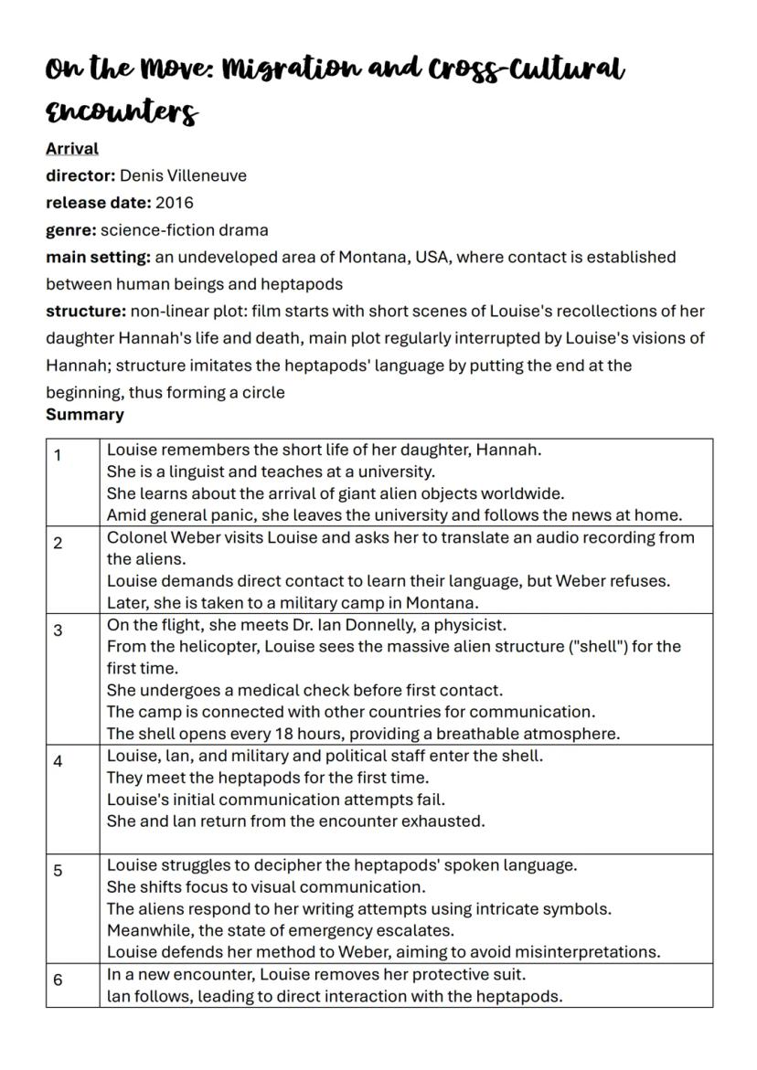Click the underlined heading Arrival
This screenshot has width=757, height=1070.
click(72, 148)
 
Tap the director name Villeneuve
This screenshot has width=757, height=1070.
click(208, 175)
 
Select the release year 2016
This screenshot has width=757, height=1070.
click(175, 203)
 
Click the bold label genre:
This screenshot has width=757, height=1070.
click(71, 229)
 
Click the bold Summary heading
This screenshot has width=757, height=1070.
click(85, 415)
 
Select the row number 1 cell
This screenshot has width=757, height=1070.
click(58, 455)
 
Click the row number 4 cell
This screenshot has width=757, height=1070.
click(58, 761)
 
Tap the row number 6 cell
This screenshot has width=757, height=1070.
click(58, 980)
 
